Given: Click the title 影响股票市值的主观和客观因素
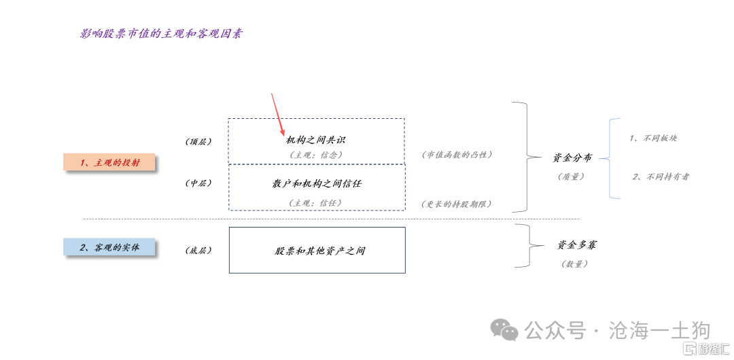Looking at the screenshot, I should (x=161, y=33).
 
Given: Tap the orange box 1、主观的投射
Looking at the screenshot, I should (x=109, y=162).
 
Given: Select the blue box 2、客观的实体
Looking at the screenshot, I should (x=109, y=247).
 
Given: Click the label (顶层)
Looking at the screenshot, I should (x=198, y=142).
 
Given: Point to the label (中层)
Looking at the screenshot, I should (x=198, y=183).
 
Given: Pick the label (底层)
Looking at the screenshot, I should (x=198, y=251).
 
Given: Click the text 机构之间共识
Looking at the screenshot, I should (x=316, y=140).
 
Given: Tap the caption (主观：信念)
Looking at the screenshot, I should (x=316, y=155).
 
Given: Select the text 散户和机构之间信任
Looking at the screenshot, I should (x=317, y=183).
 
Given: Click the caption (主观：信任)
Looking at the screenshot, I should (x=316, y=202).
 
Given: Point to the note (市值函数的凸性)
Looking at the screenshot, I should (x=457, y=155).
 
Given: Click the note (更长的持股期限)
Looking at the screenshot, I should (x=457, y=204).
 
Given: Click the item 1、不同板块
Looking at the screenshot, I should (x=653, y=139).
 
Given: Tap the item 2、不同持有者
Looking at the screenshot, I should (x=661, y=177).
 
